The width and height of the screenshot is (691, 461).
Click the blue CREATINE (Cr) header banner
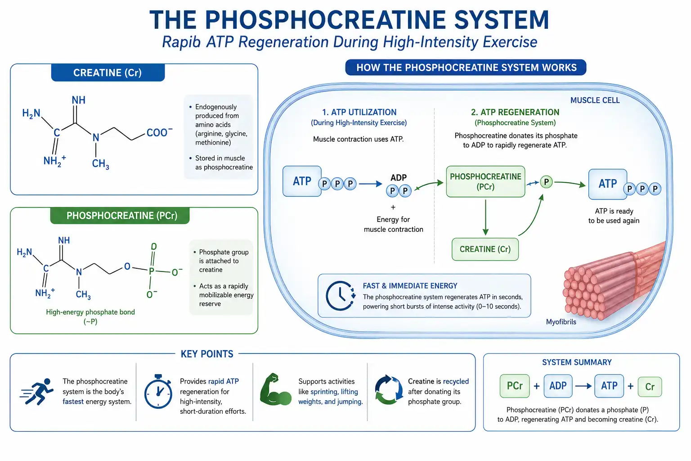point(108,72)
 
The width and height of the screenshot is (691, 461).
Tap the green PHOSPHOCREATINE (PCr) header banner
point(120,216)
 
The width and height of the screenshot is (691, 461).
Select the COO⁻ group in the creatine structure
point(159,132)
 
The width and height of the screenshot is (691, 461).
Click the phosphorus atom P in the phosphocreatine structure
point(152,271)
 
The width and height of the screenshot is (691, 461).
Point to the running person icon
point(37,391)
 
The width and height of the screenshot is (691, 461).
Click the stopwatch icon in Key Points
point(158,391)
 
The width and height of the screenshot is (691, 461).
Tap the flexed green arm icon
point(275,389)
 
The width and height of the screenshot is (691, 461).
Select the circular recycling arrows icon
point(389,390)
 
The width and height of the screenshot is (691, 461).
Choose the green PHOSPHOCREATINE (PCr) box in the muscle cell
point(485,181)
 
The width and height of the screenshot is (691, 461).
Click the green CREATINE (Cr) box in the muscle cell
point(485,249)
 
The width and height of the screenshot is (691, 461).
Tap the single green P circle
point(546,182)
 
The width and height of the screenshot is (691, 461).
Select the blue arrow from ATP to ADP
point(371,184)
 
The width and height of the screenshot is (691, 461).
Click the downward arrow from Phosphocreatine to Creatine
point(485,217)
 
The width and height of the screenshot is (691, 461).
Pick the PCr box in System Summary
point(515,386)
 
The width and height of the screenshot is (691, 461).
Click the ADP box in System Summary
point(558,386)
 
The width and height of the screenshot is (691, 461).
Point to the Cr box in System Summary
point(650,387)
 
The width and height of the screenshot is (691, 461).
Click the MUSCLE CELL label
point(595,100)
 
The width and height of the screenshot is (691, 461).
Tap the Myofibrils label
point(561,322)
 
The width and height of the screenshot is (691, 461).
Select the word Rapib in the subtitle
point(181,42)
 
